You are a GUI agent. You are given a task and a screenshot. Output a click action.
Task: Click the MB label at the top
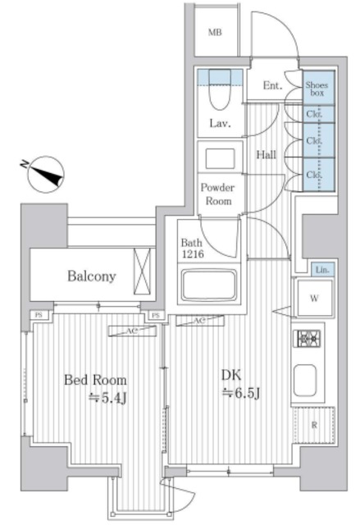coord(215,33)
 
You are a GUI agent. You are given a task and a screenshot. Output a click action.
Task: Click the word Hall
coord(265,153)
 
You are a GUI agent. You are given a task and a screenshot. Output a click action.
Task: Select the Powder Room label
coord(218,194)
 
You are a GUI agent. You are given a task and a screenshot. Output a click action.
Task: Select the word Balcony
coord(91,276)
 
